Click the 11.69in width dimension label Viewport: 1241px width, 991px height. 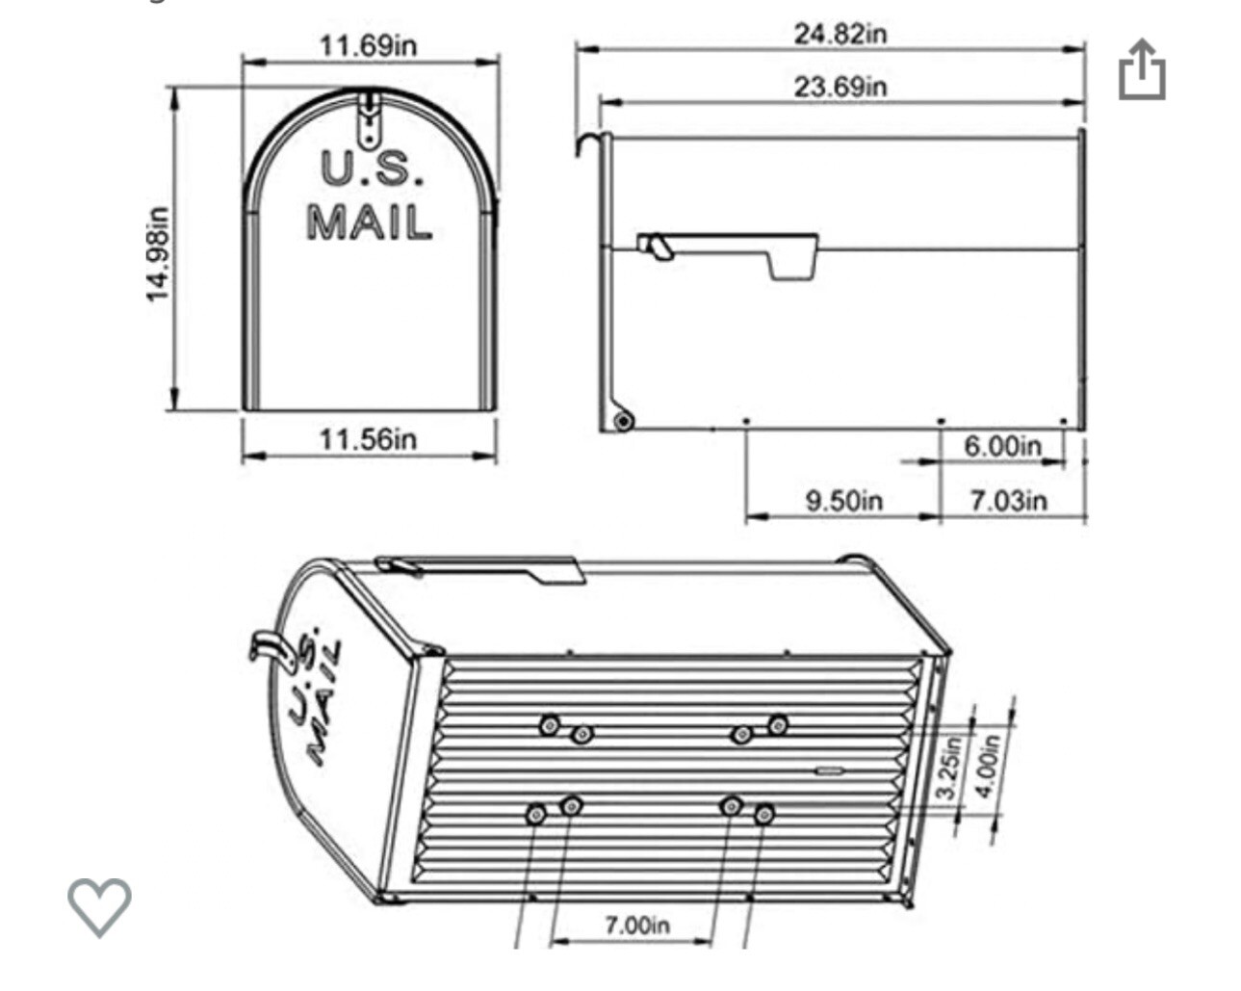[368, 46]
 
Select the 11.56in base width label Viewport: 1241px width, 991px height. [368, 439]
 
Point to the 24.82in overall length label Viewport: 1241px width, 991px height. [840, 34]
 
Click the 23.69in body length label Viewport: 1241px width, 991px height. [840, 87]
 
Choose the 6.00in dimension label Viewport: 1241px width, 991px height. [1002, 446]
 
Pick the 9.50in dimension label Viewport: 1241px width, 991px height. [843, 501]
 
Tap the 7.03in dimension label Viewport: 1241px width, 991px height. [1008, 501]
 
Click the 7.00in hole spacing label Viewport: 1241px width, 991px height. [636, 926]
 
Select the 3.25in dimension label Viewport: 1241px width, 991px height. [949, 768]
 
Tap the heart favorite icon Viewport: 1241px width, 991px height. [99, 906]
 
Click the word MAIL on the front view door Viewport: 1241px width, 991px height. [369, 222]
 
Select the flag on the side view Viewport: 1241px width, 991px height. [732, 253]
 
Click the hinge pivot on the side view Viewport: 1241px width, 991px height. [623, 421]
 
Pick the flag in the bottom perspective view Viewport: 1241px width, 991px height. [481, 569]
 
